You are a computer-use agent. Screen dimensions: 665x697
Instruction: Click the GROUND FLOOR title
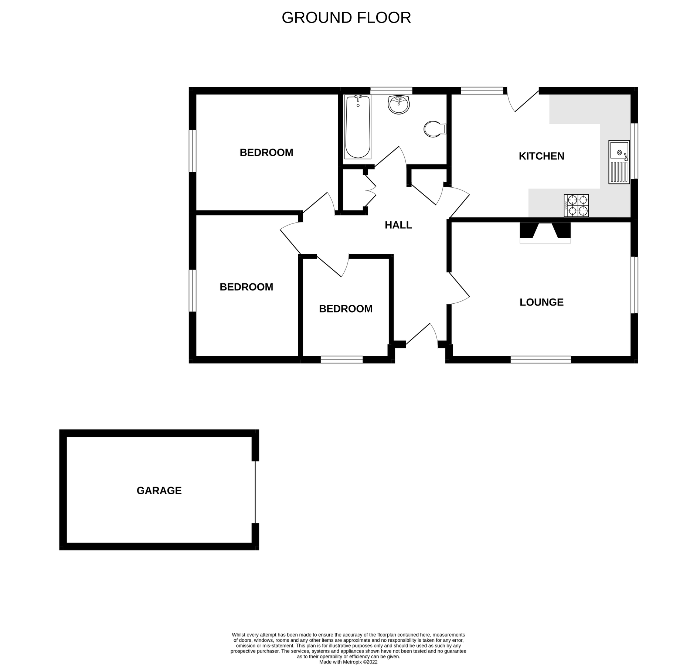tap(346, 18)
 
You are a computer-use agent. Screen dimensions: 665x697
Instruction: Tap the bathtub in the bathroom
tap(357, 127)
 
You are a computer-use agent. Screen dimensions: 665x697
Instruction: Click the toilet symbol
tap(434, 129)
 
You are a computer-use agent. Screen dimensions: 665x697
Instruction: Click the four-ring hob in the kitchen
tap(576, 205)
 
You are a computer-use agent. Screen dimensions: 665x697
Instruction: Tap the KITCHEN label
tap(541, 156)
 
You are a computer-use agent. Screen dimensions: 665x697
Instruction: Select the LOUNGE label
tap(541, 302)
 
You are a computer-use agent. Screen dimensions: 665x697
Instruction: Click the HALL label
tap(398, 225)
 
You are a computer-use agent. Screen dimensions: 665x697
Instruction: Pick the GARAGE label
tap(159, 490)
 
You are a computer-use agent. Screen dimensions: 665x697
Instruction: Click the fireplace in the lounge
tap(545, 232)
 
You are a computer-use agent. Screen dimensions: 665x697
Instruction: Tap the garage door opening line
tap(255, 492)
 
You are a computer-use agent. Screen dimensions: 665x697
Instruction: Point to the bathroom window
tap(391, 91)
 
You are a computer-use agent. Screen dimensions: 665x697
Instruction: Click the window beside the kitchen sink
tap(634, 151)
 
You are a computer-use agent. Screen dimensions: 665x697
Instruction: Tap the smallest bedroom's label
tap(345, 308)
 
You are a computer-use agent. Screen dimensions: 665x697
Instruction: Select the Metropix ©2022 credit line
tap(348, 662)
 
